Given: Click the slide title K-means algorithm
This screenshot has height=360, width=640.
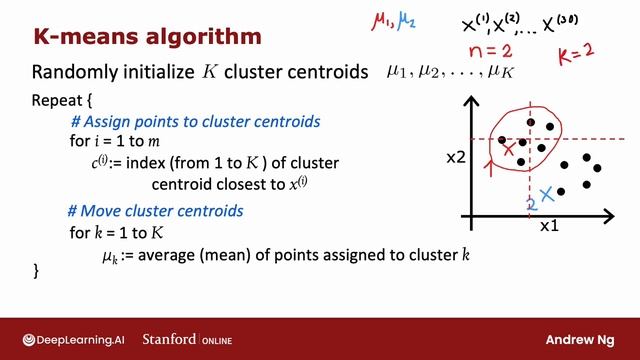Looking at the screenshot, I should coord(147,37).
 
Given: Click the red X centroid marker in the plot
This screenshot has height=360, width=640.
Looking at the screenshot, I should coord(509,150).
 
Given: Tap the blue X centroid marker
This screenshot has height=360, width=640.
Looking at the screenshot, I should coord(547,192).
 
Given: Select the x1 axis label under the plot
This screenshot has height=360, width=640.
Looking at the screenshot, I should coord(549,227).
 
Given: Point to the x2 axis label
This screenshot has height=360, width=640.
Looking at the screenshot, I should coord(456,158).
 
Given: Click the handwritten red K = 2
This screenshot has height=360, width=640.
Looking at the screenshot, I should coord(576,52).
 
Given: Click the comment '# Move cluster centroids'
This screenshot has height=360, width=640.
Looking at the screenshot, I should coord(155,212).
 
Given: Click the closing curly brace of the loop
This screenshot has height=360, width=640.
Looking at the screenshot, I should coord(37,271).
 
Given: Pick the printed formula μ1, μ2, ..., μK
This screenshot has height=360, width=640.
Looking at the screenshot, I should coord(456,73).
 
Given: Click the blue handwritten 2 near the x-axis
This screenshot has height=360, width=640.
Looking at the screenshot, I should coord(532,205).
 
